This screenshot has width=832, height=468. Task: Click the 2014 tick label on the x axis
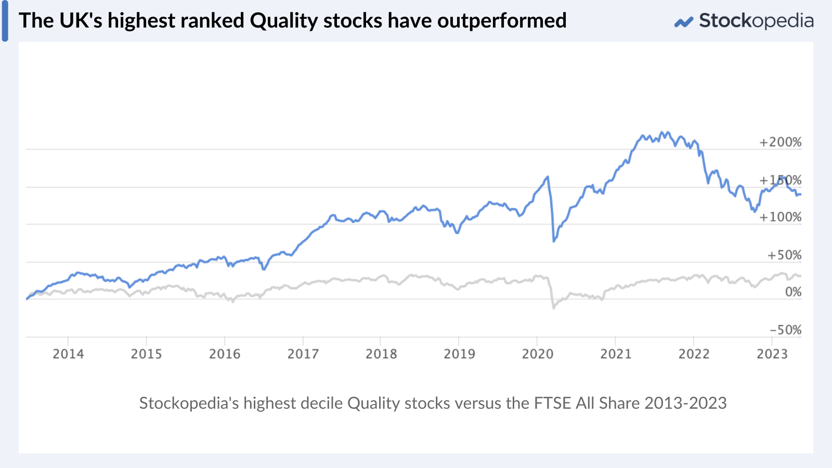pyautogui.click(x=68, y=354)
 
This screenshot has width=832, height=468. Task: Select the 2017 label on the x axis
pyautogui.click(x=303, y=354)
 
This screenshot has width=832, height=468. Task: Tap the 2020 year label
pyautogui.click(x=538, y=354)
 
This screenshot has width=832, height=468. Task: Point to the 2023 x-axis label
pyautogui.click(x=772, y=354)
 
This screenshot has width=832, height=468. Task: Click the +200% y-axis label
pyautogui.click(x=781, y=142)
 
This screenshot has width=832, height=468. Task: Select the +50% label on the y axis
pyautogui.click(x=784, y=255)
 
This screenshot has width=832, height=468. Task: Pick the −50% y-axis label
pyautogui.click(x=786, y=330)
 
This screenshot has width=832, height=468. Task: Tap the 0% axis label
pyautogui.click(x=793, y=292)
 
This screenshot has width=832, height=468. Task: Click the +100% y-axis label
pyautogui.click(x=781, y=217)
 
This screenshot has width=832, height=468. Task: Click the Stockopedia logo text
pyautogui.click(x=756, y=21)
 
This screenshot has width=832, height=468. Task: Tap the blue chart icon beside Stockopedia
pyautogui.click(x=684, y=22)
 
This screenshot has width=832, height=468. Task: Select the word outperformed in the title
pyautogui.click(x=502, y=21)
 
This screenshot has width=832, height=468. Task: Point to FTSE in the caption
pyautogui.click(x=553, y=404)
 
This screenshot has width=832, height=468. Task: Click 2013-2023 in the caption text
pyautogui.click(x=685, y=404)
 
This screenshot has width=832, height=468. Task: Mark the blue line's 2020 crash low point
pyautogui.click(x=554, y=241)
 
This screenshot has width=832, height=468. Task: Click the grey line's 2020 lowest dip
pyautogui.click(x=553, y=308)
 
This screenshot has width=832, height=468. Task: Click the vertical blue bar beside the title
pyautogui.click(x=5, y=21)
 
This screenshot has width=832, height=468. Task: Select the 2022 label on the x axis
pyautogui.click(x=694, y=354)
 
